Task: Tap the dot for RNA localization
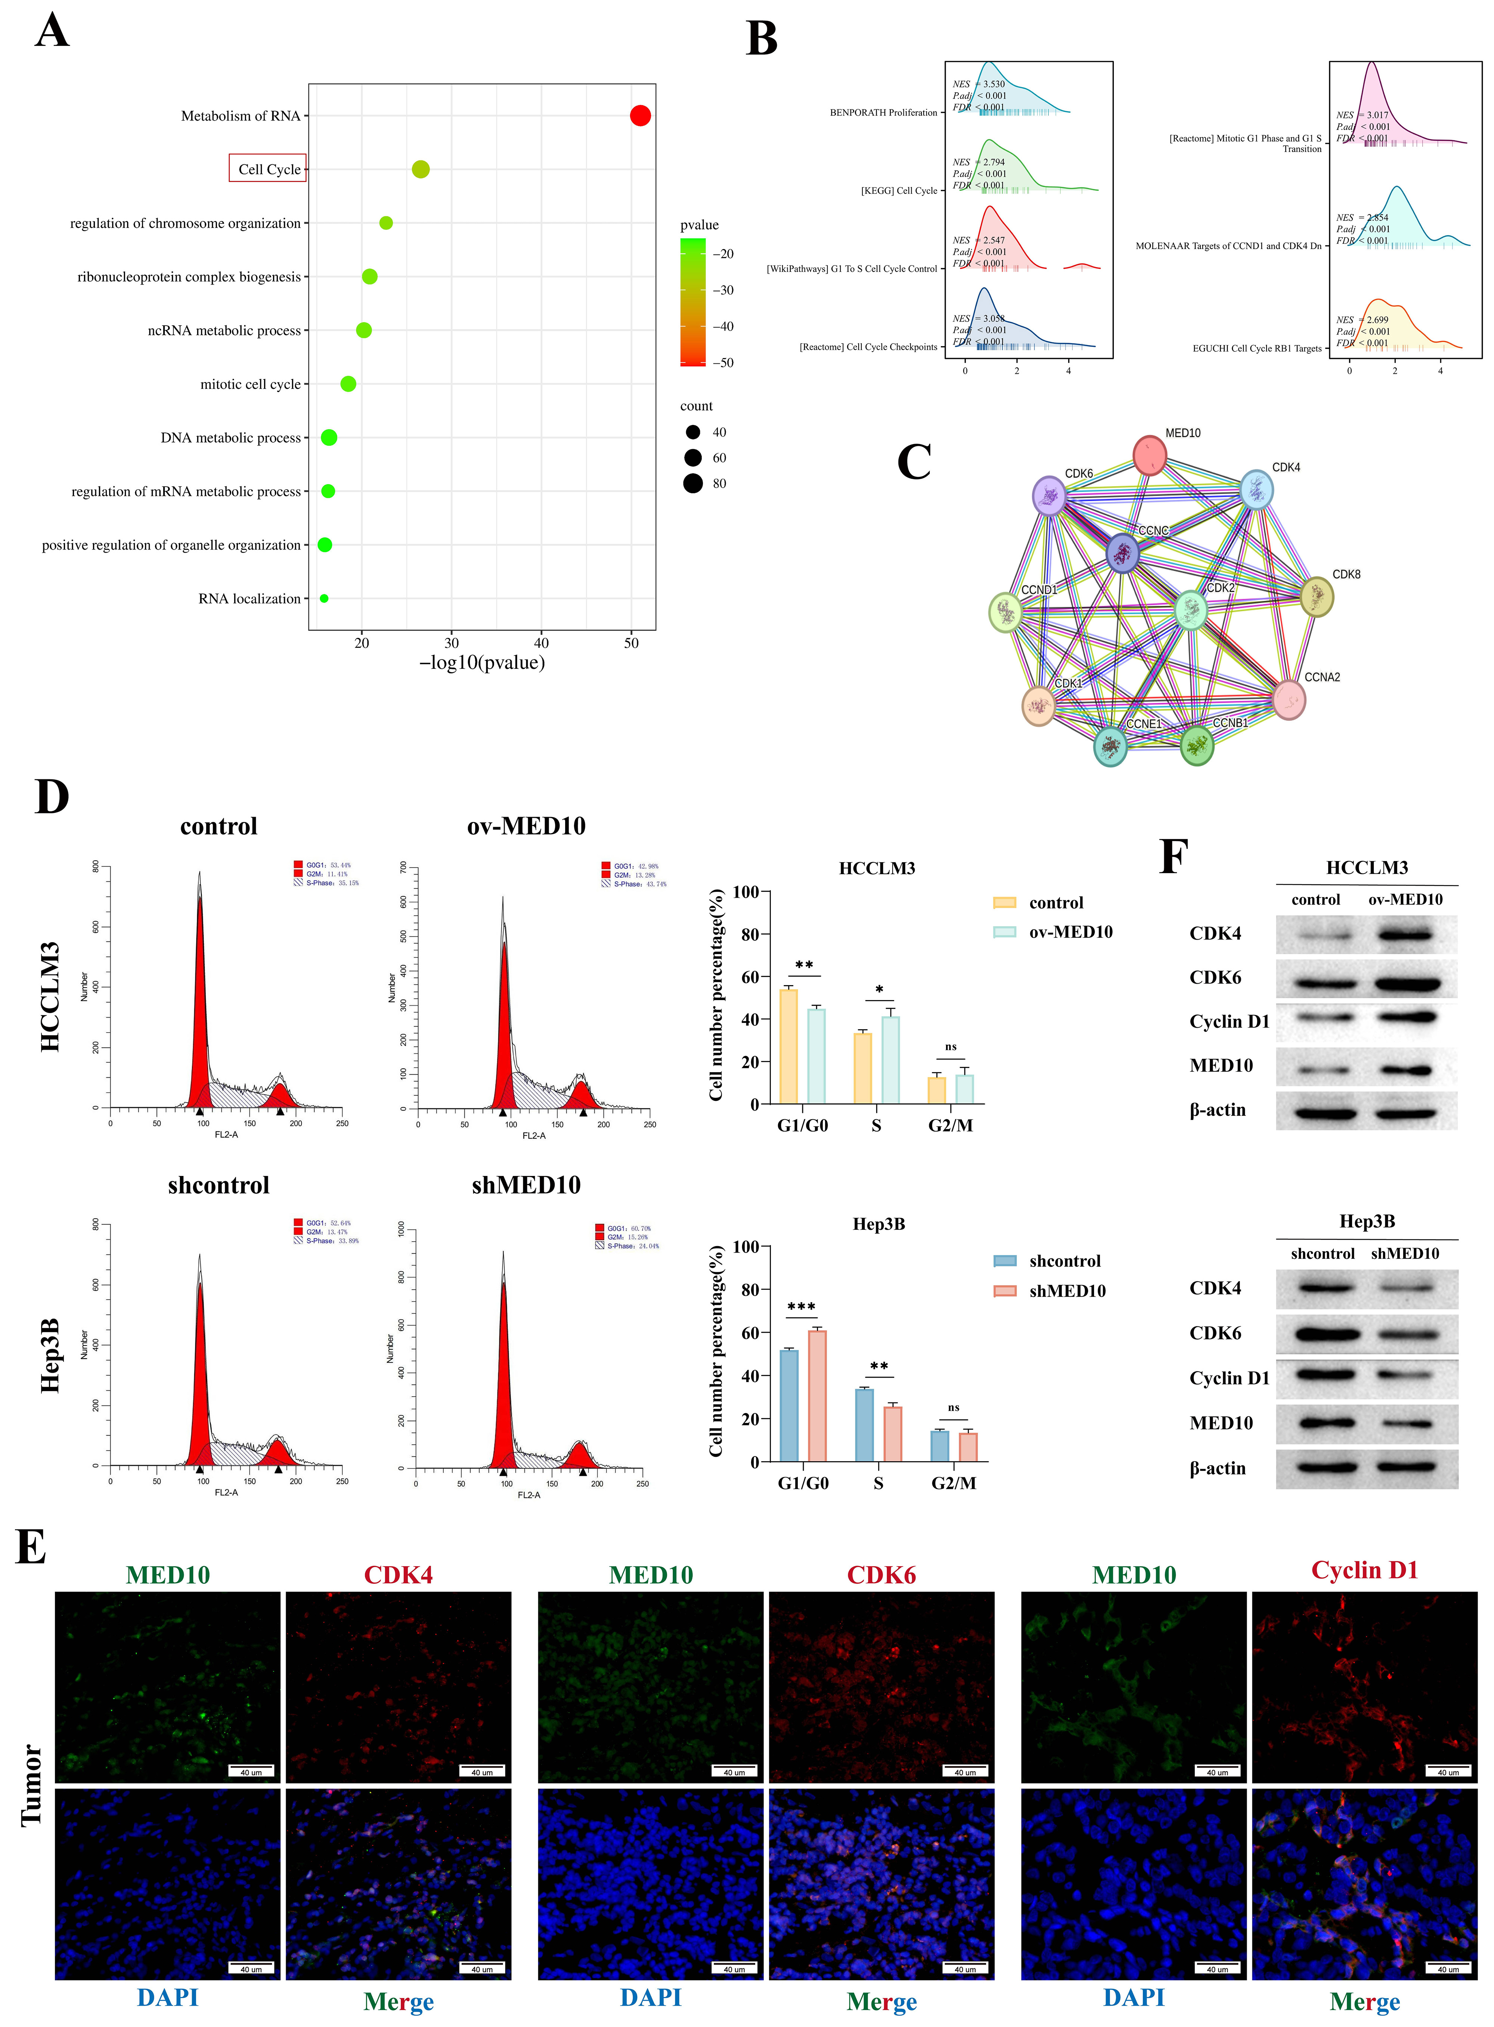click(x=324, y=599)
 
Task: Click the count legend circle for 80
click(x=693, y=484)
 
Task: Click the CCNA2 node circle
click(x=1289, y=700)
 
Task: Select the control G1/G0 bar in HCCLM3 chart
click(x=788, y=1046)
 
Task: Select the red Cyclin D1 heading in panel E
click(x=1364, y=1570)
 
